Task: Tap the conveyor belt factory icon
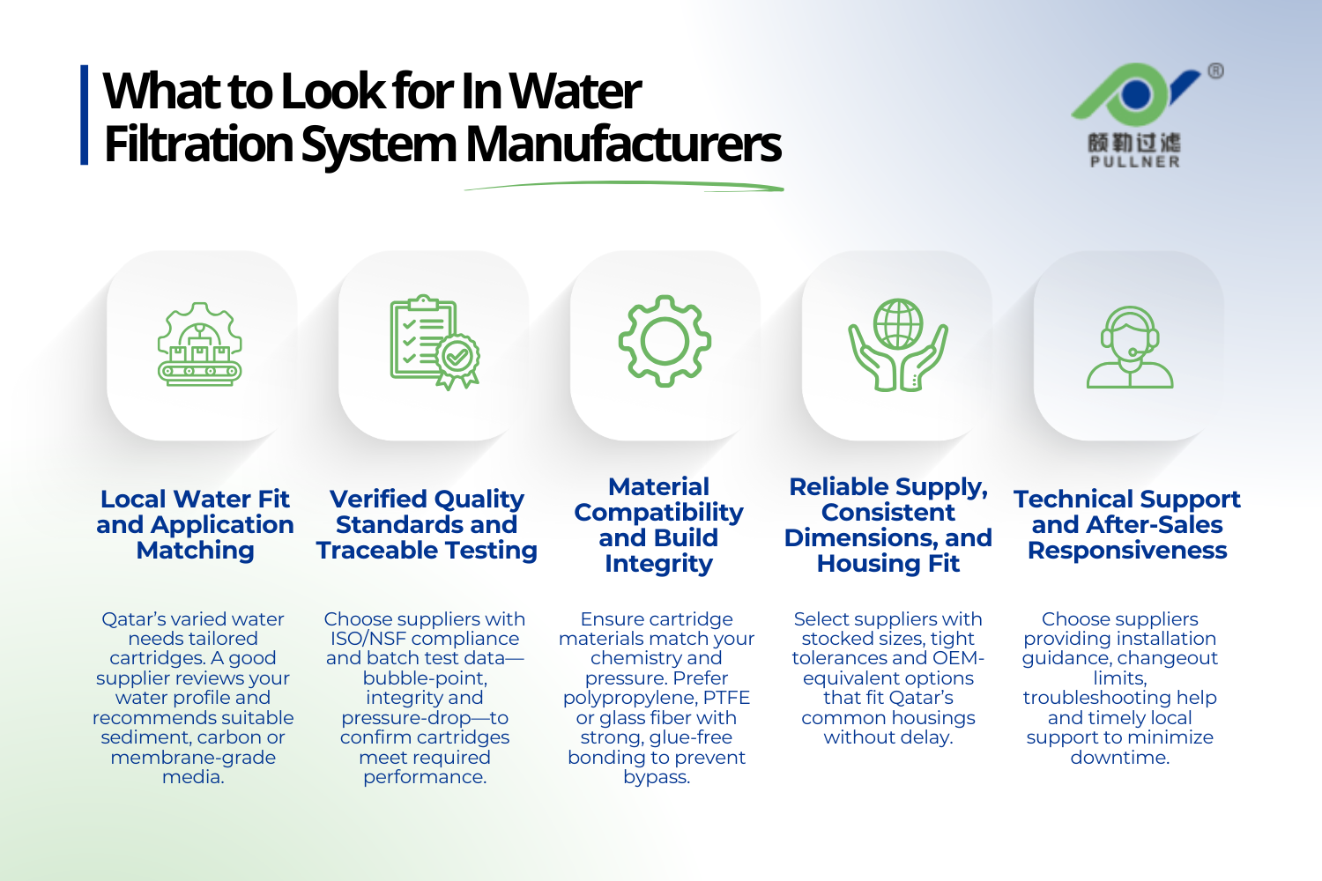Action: [200, 344]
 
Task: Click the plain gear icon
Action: [665, 341]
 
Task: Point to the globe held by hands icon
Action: [897, 344]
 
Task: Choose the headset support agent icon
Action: [1129, 347]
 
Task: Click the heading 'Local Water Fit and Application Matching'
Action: [195, 524]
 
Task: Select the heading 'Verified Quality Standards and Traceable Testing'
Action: [427, 524]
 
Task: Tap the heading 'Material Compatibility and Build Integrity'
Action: [658, 524]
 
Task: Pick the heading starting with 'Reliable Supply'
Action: [888, 524]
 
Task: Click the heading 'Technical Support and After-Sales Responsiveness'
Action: [1127, 524]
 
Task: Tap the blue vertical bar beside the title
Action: [85, 115]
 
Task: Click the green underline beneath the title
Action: [624, 186]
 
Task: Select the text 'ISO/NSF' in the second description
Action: [368, 639]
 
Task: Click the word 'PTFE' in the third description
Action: [726, 698]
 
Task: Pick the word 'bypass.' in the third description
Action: [657, 777]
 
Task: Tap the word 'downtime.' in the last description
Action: [1119, 758]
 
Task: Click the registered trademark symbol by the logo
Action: [1215, 71]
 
